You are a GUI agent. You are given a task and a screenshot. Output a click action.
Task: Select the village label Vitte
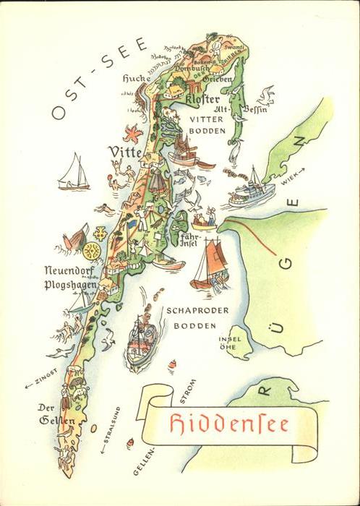click(124, 151)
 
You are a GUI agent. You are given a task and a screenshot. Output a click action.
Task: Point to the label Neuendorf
click(69, 271)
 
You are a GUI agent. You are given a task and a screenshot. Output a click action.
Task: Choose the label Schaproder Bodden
click(197, 317)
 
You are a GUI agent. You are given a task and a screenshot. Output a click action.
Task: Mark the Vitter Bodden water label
click(208, 124)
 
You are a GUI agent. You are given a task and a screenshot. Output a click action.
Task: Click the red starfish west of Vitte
click(132, 134)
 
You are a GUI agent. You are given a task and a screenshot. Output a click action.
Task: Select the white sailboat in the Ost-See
click(73, 173)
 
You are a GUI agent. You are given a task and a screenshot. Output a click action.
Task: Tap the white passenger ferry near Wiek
click(252, 189)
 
